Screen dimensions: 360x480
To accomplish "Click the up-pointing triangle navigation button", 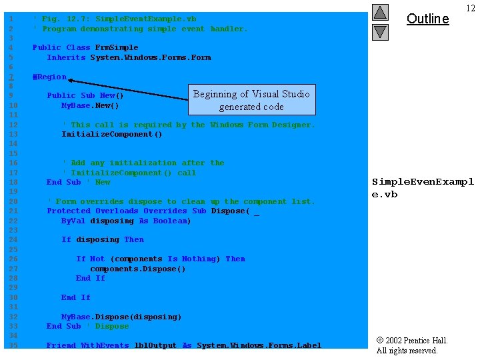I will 380,12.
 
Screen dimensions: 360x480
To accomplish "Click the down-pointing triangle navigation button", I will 380,31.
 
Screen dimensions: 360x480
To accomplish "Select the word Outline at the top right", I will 427,19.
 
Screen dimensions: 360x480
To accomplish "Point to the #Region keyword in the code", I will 49,77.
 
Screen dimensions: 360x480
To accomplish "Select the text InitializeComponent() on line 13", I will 112,134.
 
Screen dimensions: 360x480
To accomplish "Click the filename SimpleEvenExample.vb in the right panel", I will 422,187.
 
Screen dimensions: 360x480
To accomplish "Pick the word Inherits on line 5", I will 66,57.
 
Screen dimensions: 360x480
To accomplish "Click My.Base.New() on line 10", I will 90,105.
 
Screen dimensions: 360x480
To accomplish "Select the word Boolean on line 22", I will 172,221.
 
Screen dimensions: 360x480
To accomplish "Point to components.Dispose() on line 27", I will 138,269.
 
